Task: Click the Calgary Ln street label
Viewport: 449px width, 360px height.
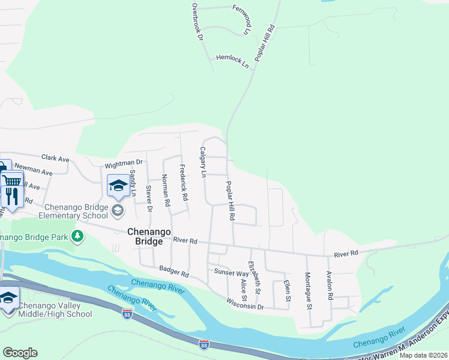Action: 203,162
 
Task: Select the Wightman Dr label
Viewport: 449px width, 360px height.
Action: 123,163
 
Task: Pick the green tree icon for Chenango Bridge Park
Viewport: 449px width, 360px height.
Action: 77,236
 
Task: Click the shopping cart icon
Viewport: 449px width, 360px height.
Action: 12,180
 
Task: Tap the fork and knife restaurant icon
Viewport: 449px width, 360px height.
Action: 11,195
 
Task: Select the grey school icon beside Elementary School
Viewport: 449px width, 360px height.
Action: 117,210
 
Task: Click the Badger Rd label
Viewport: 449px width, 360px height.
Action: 173,274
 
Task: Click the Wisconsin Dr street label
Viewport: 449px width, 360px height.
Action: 246,306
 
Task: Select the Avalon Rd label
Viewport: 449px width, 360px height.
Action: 330,285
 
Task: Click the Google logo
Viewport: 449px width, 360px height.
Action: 20,353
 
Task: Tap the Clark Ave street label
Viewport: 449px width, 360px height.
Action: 55,158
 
